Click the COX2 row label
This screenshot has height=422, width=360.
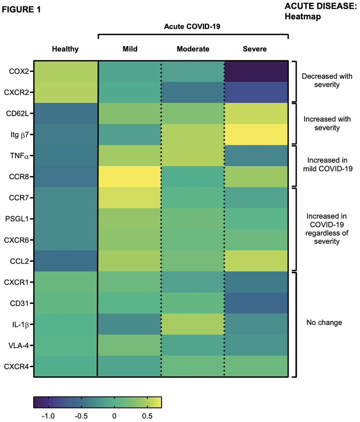pos(19,71)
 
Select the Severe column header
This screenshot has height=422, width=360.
pos(254,49)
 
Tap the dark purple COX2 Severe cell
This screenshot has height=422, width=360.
pos(256,71)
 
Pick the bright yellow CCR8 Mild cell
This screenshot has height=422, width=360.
pos(130,177)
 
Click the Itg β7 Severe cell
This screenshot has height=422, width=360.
pos(256,135)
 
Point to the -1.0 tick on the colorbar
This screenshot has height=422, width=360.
pos(49,398)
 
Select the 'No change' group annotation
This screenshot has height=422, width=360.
pos(324,322)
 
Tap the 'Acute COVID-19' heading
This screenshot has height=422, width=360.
pos(192,26)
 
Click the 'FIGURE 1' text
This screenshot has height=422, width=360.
pos(21,9)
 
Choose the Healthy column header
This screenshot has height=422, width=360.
pos(65,49)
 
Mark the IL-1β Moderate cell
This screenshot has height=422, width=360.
pos(193,324)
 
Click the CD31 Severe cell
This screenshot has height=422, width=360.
pos(256,303)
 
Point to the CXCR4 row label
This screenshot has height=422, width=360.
pos(16,367)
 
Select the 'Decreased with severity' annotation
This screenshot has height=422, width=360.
pos(327,80)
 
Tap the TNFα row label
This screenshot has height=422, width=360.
pos(19,156)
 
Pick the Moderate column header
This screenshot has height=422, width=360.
pos(193,49)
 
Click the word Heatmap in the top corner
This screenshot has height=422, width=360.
pos(303,17)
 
